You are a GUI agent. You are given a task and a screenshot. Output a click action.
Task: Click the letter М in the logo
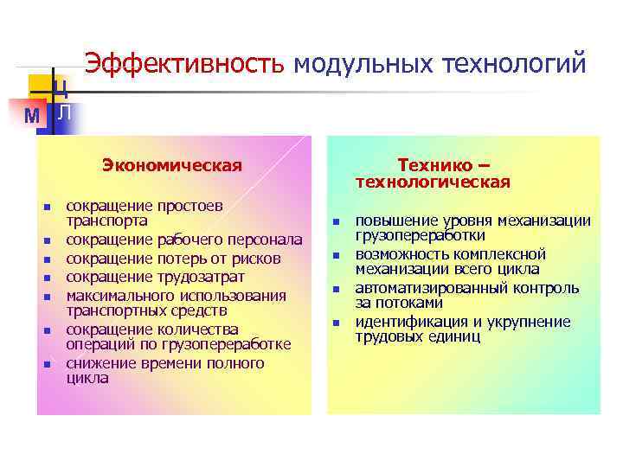coord(32,115)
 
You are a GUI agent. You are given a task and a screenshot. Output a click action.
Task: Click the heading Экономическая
coord(171,164)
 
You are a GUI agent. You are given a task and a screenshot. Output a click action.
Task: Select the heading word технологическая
coord(433,182)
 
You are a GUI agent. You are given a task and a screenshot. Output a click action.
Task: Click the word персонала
coord(262,240)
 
